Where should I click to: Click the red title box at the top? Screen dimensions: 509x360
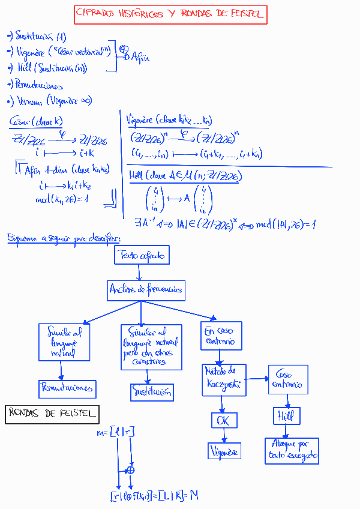[x=170, y=15]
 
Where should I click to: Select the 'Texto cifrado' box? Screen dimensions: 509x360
[x=142, y=255]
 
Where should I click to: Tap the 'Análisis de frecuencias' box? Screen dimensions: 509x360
[x=146, y=291]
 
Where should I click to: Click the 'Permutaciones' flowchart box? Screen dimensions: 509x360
[x=67, y=388]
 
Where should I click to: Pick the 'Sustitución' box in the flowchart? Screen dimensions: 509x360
[x=152, y=393]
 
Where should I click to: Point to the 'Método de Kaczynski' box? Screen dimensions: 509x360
[x=224, y=379]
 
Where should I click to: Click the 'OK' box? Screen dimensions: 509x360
[x=224, y=420]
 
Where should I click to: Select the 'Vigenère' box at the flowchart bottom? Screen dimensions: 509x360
[x=224, y=451]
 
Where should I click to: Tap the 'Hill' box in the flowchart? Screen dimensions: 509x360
[x=286, y=416]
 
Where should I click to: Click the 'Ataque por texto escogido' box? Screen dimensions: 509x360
[x=292, y=451]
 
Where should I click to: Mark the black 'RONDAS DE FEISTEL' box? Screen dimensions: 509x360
[x=52, y=414]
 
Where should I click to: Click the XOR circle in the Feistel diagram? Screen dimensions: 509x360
[x=130, y=470]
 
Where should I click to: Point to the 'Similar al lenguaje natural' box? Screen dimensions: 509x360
[x=64, y=342]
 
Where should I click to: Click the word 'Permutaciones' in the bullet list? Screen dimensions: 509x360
[x=38, y=85]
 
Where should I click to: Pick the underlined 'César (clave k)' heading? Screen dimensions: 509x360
[x=36, y=122]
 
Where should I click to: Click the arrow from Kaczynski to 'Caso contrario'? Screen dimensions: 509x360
[x=257, y=379]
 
